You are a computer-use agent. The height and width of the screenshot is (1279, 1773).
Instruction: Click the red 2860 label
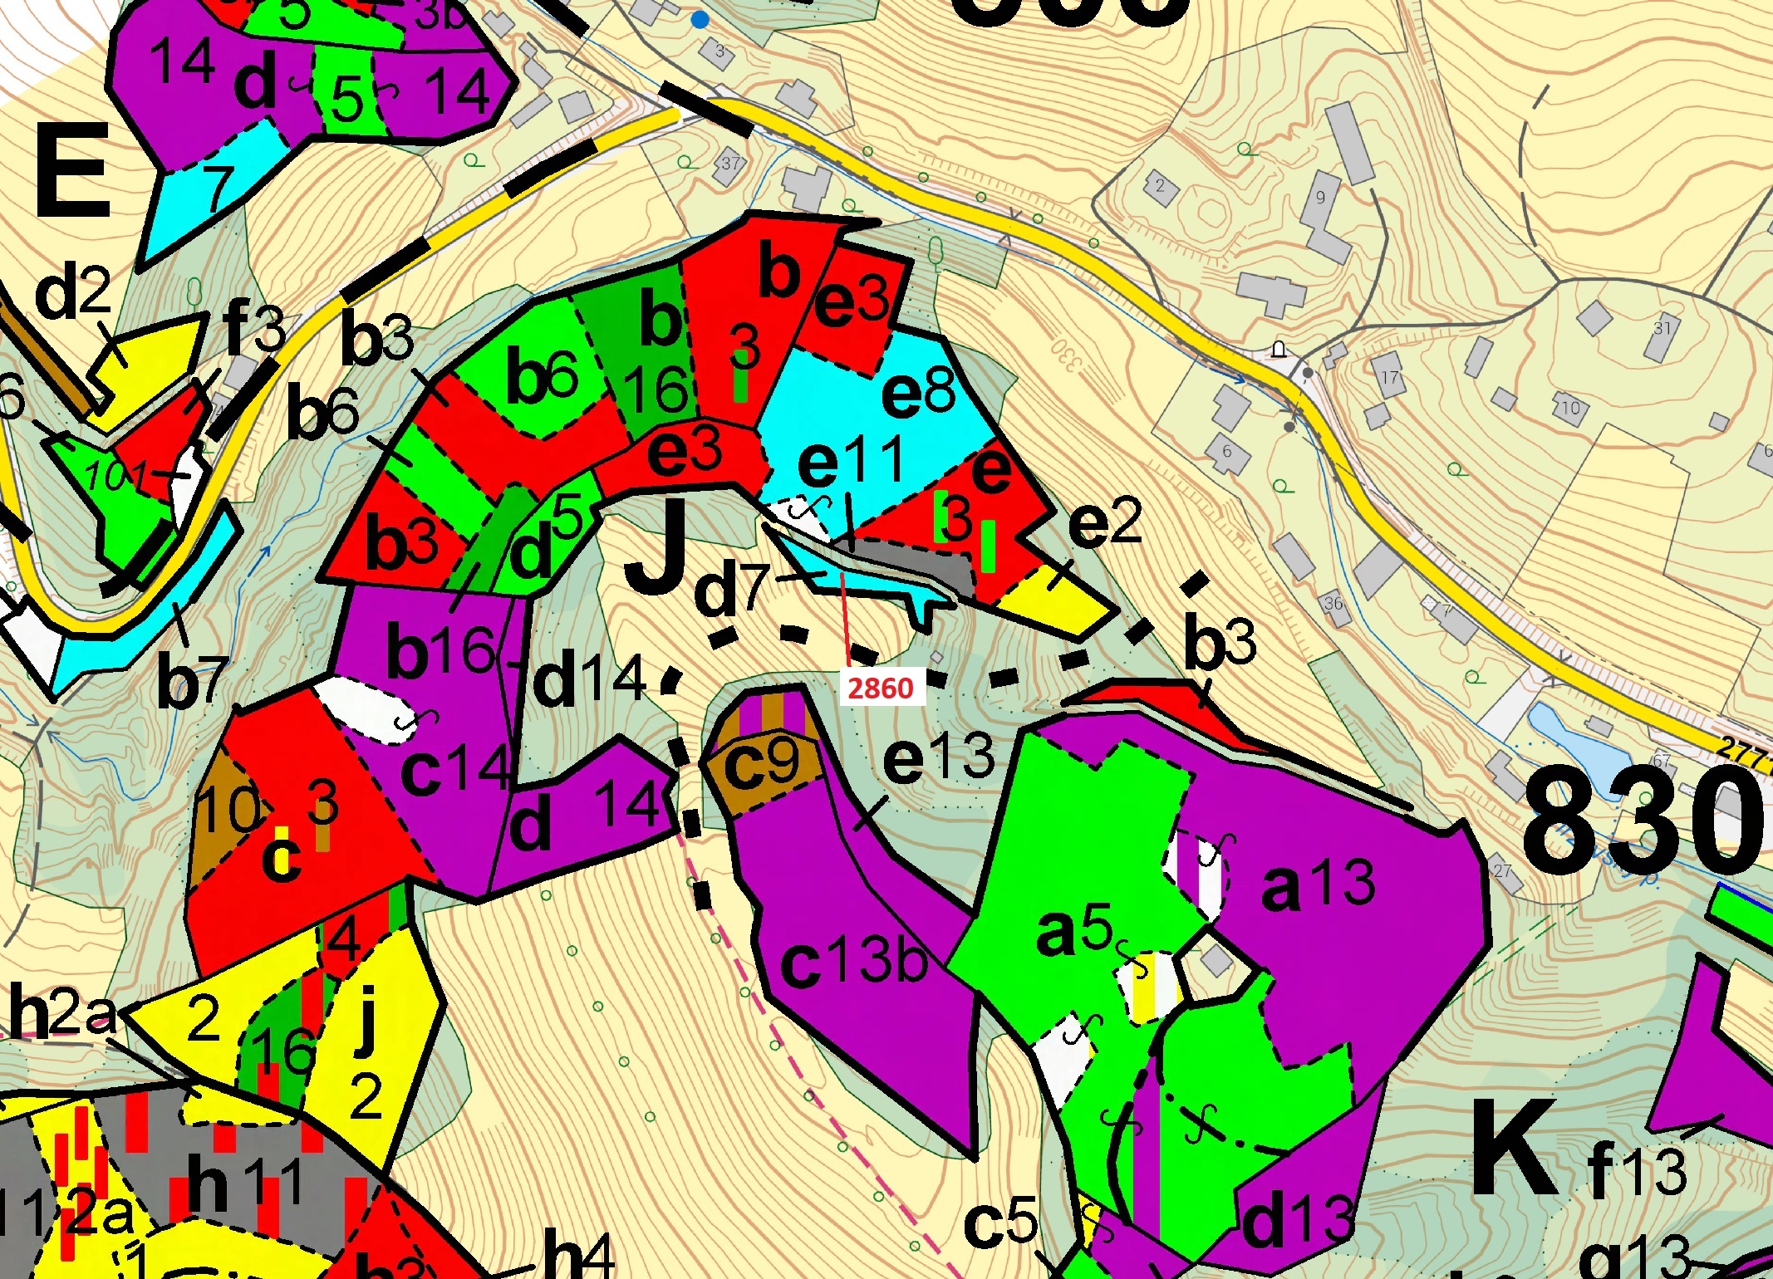pyautogui.click(x=881, y=688)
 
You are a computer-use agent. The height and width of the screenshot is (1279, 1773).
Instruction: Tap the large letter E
pyautogui.click(x=72, y=172)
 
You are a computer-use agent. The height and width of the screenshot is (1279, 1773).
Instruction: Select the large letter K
pyautogui.click(x=1514, y=1149)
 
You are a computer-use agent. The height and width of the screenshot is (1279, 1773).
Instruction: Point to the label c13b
pyautogui.click(x=854, y=963)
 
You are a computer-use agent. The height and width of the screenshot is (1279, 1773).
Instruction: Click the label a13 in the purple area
pyautogui.click(x=1318, y=885)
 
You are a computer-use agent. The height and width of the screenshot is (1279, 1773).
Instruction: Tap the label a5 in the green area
pyautogui.click(x=1074, y=930)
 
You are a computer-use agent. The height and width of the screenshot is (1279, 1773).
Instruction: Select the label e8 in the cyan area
pyautogui.click(x=919, y=391)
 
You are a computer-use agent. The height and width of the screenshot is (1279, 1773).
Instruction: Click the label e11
pyautogui.click(x=850, y=462)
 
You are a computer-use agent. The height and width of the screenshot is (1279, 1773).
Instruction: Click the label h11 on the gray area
pyautogui.click(x=246, y=1183)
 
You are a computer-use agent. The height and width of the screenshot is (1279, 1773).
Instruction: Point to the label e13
pyautogui.click(x=938, y=758)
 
